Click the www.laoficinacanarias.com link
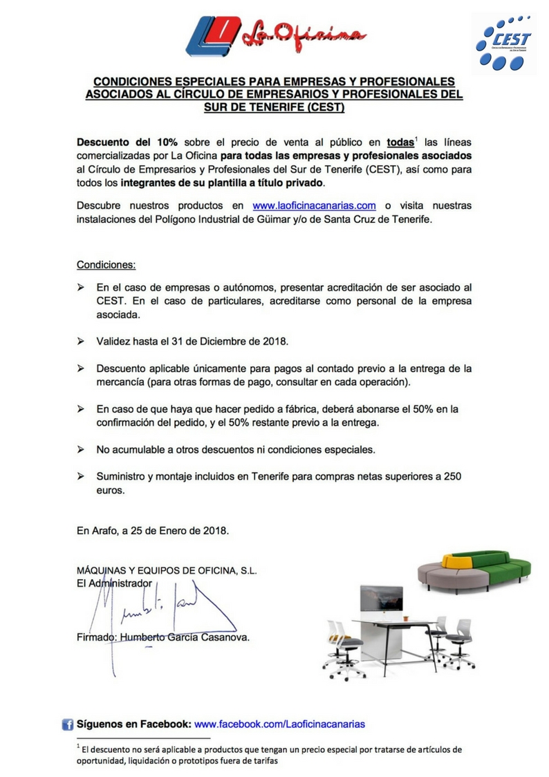(314, 205)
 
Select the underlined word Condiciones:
(106, 264)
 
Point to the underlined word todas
(400, 142)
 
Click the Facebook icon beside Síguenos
(68, 724)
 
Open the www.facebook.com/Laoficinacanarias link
(279, 724)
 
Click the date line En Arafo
(152, 531)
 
